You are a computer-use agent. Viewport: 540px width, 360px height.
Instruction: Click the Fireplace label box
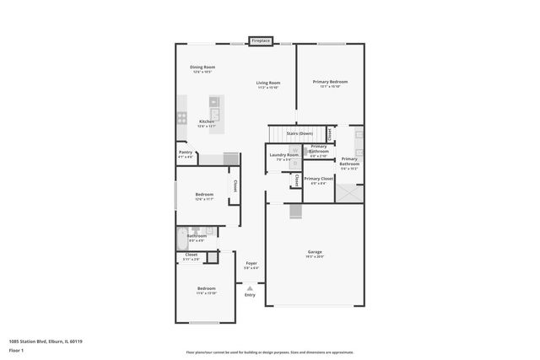pyautogui.click(x=260, y=40)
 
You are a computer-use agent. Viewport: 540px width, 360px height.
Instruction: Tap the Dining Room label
pyautogui.click(x=202, y=67)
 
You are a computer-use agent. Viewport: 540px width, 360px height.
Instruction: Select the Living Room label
pyautogui.click(x=268, y=82)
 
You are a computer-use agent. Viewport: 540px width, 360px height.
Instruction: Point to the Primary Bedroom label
pyautogui.click(x=330, y=82)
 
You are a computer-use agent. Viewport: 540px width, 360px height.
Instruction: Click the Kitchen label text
pyautogui.click(x=207, y=121)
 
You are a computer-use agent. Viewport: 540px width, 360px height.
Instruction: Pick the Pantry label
pyautogui.click(x=186, y=153)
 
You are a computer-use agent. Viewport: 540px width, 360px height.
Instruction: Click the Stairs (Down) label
pyautogui.click(x=300, y=133)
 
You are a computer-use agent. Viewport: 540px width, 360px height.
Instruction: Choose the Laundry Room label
pyautogui.click(x=283, y=154)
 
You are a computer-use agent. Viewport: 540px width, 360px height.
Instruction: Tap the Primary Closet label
pyautogui.click(x=319, y=179)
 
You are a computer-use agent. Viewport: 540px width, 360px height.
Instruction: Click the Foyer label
pyautogui.click(x=251, y=263)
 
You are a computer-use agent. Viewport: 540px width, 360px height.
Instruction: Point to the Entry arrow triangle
pyautogui.click(x=250, y=287)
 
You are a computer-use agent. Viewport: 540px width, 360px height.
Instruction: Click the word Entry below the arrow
pyautogui.click(x=250, y=295)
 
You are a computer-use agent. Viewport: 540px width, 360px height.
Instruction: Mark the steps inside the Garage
pyautogui.click(x=294, y=211)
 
